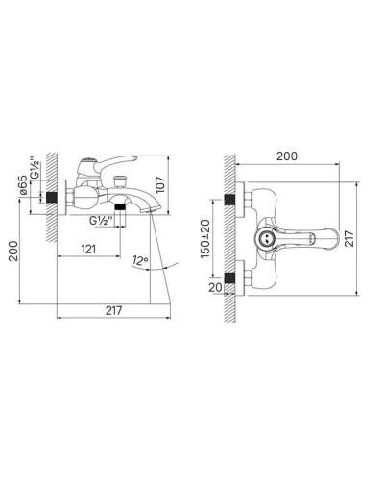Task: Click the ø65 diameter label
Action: point(23,185)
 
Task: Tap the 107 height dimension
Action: point(160,184)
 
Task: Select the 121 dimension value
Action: point(88,249)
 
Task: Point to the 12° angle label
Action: point(140,261)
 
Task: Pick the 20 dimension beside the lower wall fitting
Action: point(215,287)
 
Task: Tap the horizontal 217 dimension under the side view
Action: point(113,310)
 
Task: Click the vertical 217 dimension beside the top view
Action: point(349,238)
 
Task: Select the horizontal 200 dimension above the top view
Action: point(287,156)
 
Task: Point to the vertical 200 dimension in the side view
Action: point(13,251)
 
